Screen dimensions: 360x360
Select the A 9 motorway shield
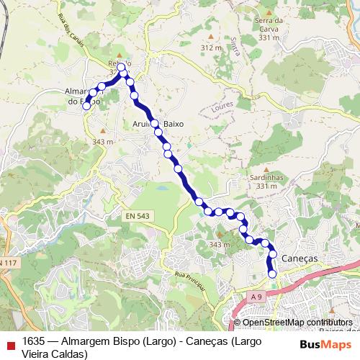click(x=257, y=295)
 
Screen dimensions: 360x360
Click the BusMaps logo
click(x=324, y=344)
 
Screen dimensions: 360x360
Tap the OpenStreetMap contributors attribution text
click(x=297, y=323)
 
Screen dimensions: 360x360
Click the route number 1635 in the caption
click(x=34, y=341)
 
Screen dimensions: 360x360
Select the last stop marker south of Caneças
click(x=272, y=274)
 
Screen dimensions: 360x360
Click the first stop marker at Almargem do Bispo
click(x=86, y=106)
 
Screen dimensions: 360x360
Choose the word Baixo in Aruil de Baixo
click(x=174, y=124)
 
